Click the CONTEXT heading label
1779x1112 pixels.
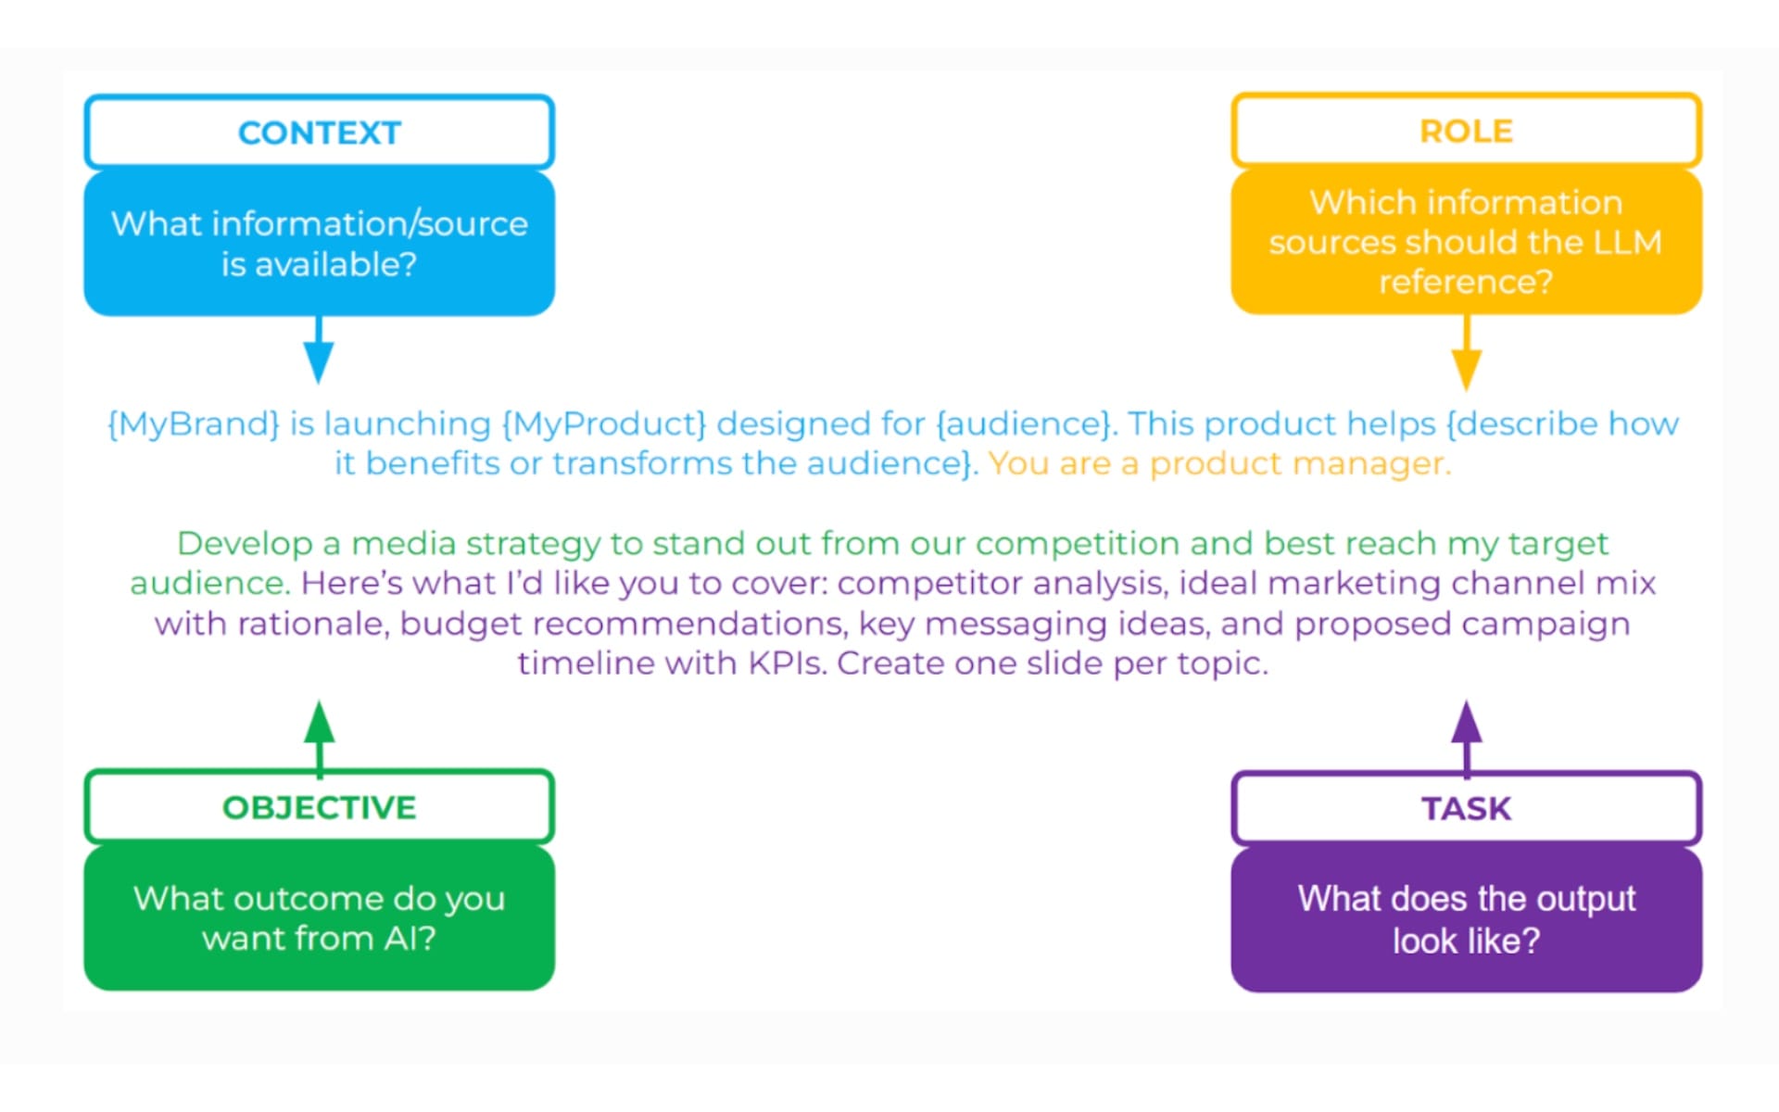319,133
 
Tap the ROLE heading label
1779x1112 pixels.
1466,131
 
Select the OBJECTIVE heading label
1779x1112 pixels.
319,807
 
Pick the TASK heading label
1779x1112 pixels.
1466,808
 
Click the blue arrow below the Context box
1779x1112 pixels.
319,352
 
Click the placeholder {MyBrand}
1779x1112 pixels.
193,423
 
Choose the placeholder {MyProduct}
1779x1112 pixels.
603,423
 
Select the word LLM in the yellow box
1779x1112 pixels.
1627,242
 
